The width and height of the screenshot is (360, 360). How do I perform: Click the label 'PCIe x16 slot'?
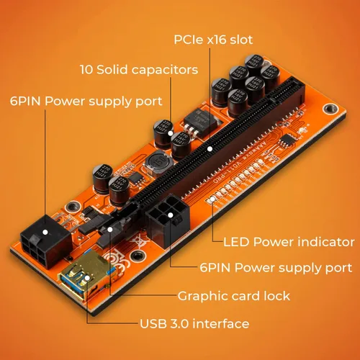tap(213, 40)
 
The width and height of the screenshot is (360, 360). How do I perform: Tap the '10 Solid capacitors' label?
tap(139, 70)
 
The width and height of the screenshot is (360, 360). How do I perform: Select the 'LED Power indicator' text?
tap(289, 242)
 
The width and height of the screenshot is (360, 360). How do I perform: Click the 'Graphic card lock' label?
tap(234, 296)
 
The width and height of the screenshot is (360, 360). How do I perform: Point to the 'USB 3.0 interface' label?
tap(194, 324)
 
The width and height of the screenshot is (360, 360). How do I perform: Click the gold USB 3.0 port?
tap(85, 276)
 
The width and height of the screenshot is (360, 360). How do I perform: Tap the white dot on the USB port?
tap(87, 278)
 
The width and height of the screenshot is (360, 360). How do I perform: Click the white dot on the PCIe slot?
tap(210, 149)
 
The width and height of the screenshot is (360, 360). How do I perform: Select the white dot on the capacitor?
tap(171, 133)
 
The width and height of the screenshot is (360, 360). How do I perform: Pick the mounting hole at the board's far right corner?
tap(330, 109)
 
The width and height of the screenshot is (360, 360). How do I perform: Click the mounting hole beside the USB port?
tap(138, 256)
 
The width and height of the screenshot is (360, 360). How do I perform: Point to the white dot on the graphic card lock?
tap(110, 230)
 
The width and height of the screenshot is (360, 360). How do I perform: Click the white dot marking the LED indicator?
tap(212, 199)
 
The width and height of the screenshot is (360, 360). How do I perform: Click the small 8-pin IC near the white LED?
tap(288, 140)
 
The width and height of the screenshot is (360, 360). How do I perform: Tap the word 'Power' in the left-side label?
tap(65, 101)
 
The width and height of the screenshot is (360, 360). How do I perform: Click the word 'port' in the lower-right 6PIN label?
tap(338, 269)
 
